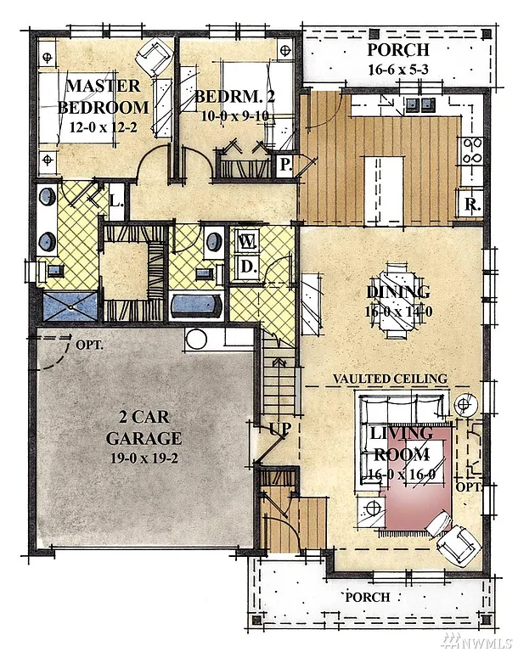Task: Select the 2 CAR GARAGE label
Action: tap(144, 430)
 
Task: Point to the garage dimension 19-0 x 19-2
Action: tap(144, 457)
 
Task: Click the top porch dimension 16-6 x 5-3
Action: tap(398, 70)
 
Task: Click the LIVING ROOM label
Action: tap(402, 443)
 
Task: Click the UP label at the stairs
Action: tap(279, 429)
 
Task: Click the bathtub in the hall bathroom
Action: tap(196, 305)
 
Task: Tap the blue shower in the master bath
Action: tap(68, 305)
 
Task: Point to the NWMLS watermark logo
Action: tap(481, 638)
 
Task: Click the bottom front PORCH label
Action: tap(367, 597)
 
